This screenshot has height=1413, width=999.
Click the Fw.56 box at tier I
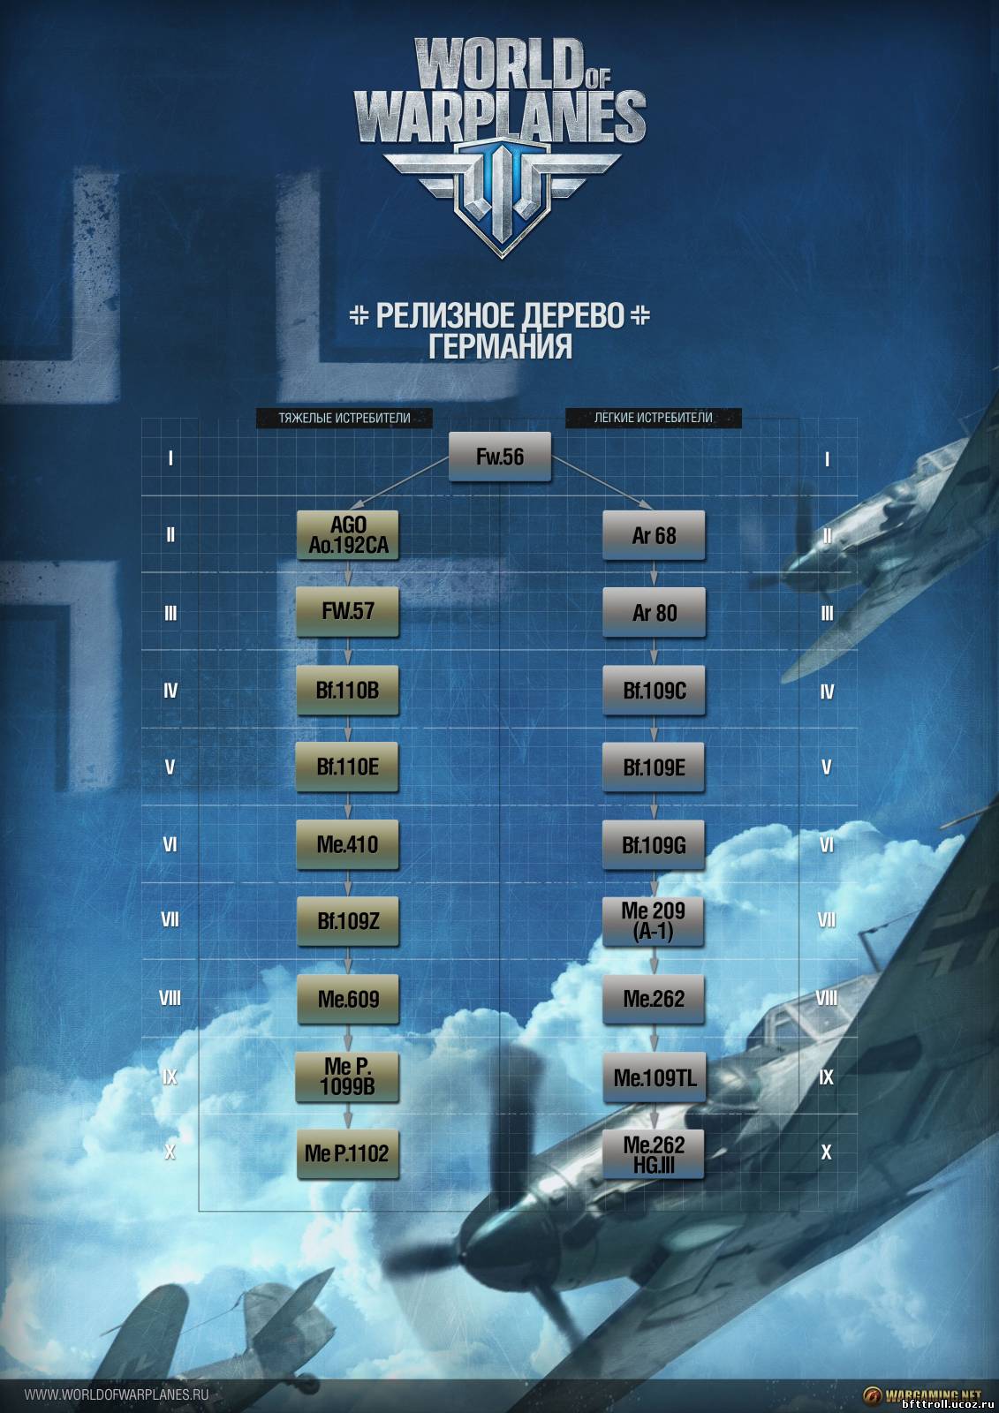pos(499,457)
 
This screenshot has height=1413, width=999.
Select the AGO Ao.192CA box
pos(348,535)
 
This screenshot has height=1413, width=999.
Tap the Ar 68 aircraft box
pos(654,535)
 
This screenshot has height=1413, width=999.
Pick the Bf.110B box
pos(348,690)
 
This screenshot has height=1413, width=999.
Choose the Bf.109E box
pos(654,767)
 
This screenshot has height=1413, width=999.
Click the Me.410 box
pos(348,844)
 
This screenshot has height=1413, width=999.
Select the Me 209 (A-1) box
pos(654,922)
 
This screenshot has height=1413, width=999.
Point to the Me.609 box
pos(348,999)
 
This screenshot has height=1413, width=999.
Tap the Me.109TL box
pos(654,1077)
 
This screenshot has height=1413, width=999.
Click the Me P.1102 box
pos(348,1153)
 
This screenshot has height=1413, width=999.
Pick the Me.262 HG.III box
pos(654,1154)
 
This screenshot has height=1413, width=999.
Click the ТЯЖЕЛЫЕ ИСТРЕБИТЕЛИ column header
pos(344,418)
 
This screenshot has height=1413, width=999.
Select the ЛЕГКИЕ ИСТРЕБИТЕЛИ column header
pos(653,418)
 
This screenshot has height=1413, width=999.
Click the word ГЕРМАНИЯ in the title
pos(501,345)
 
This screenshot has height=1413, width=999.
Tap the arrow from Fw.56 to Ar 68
pos(602,483)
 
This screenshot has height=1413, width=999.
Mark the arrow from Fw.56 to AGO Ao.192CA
pos(399,483)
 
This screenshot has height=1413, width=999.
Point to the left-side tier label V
pos(170,767)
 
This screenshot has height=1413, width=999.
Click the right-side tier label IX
pos(826,1077)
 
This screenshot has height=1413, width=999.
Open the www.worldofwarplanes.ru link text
pos(117,1394)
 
